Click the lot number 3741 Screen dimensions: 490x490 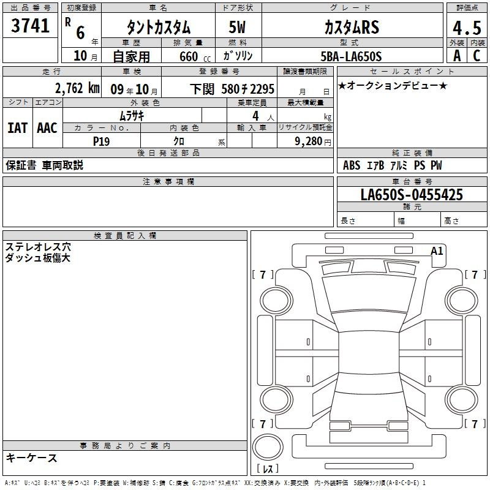coord(30,26)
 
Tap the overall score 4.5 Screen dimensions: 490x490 coord(467,28)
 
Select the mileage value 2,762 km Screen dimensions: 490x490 coord(77,88)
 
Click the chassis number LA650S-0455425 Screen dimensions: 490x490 coord(412,194)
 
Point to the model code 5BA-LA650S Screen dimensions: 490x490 coord(351,56)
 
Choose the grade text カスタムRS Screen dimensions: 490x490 coord(352,27)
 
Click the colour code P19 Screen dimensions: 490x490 coord(101,141)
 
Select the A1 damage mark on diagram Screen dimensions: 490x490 coord(437,251)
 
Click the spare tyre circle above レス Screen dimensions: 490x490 coord(268,447)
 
